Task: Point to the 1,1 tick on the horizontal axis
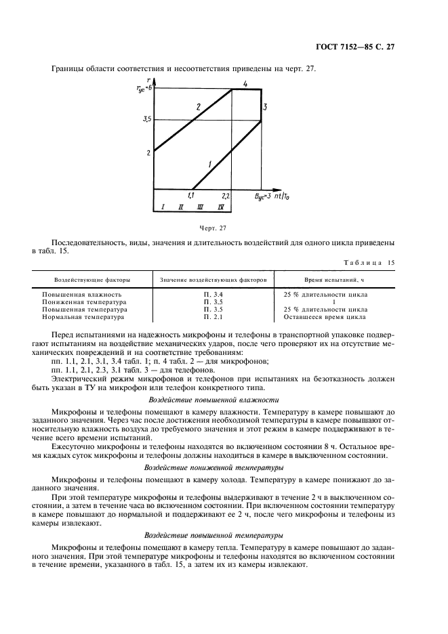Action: click(x=192, y=195)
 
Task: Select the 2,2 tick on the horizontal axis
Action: click(x=226, y=195)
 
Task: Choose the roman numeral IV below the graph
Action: click(x=222, y=206)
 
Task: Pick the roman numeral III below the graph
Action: click(x=201, y=206)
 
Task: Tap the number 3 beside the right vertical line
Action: click(x=266, y=107)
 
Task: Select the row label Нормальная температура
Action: click(x=83, y=316)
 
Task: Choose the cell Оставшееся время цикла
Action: click(x=330, y=316)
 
